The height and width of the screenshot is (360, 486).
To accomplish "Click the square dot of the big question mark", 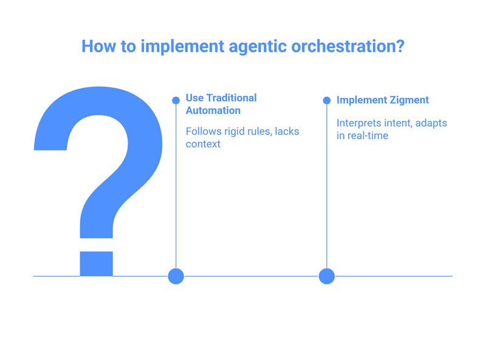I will (x=96, y=263).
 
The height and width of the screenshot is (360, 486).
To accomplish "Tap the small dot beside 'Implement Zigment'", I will (x=327, y=100).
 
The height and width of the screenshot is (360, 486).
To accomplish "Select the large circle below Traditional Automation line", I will (x=176, y=276).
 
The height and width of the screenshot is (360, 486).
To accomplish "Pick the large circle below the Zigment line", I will (x=327, y=276).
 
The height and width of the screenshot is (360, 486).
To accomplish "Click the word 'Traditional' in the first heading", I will (x=231, y=98).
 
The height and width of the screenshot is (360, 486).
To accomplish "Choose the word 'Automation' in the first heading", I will (x=213, y=110).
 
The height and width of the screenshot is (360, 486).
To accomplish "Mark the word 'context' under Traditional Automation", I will (x=203, y=144).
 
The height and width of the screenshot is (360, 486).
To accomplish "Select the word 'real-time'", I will (x=367, y=135).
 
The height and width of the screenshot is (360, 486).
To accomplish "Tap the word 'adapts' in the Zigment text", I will (x=431, y=123).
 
